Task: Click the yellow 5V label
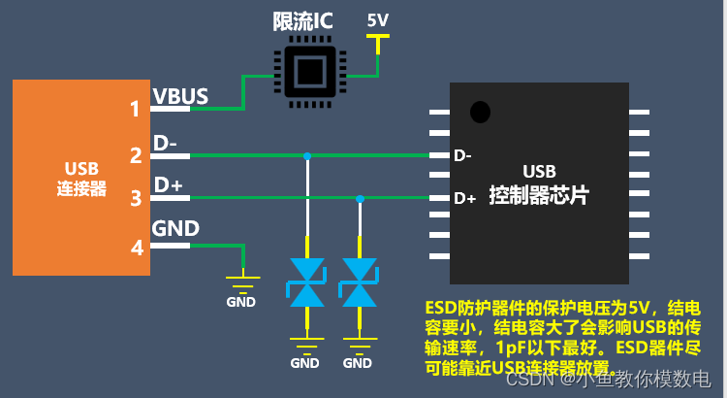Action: pyautogui.click(x=378, y=19)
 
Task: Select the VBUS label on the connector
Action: pyautogui.click(x=181, y=95)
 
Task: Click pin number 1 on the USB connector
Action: pyautogui.click(x=136, y=109)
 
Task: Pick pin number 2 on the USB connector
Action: pyautogui.click(x=136, y=154)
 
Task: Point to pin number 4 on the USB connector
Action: pyautogui.click(x=136, y=247)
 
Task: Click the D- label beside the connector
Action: pyautogui.click(x=166, y=142)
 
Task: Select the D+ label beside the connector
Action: pyautogui.click(x=168, y=185)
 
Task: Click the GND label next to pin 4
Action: pyautogui.click(x=176, y=229)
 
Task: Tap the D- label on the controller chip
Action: pyautogui.click(x=462, y=155)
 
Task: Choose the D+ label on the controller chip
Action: pyautogui.click(x=465, y=198)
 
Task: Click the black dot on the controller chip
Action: pyautogui.click(x=479, y=112)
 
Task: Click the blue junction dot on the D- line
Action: pyautogui.click(x=307, y=155)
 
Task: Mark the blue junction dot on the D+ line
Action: pyautogui.click(x=361, y=198)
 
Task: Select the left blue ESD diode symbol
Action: pyautogui.click(x=306, y=282)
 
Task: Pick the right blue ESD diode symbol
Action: pyautogui.click(x=359, y=282)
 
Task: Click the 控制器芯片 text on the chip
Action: pyautogui.click(x=540, y=194)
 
